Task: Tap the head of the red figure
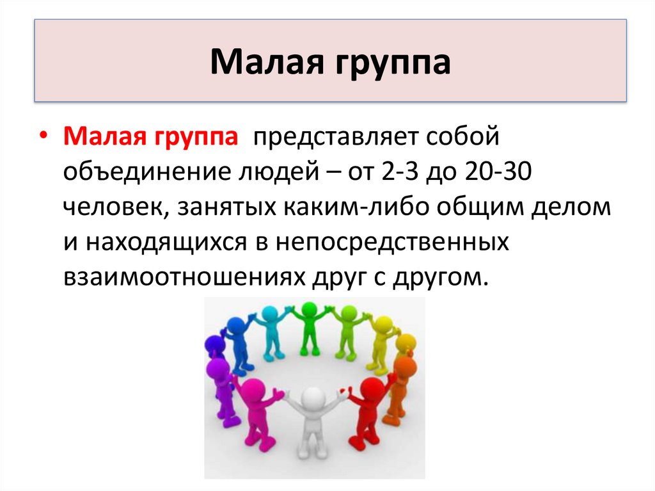372,388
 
